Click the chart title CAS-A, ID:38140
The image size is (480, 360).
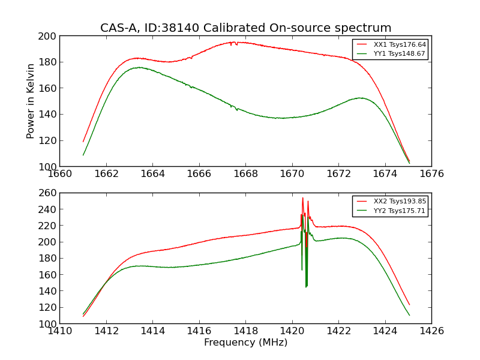(245, 28)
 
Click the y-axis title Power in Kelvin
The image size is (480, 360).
(31, 101)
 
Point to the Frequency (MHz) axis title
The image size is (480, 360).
(245, 343)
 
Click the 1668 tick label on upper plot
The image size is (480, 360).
(245, 174)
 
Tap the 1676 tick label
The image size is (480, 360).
(431, 174)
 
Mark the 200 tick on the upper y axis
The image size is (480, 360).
(49, 36)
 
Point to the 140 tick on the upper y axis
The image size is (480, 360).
(49, 115)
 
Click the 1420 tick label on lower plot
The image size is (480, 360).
(292, 331)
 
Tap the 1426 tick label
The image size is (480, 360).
(431, 331)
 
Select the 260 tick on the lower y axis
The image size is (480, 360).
(49, 193)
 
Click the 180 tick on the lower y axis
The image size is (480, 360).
(49, 259)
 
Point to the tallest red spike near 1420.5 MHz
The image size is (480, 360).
(302, 198)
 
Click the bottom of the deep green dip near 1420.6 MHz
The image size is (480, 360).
(306, 286)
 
